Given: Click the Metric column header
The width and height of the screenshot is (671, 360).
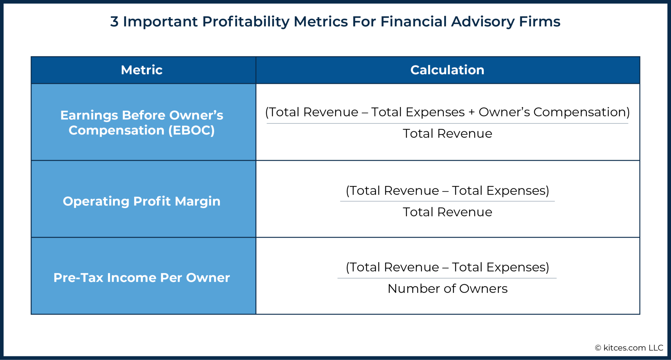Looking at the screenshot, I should point(142,70).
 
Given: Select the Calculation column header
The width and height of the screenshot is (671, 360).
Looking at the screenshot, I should point(447,70).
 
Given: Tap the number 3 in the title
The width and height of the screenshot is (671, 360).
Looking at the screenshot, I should point(114,22).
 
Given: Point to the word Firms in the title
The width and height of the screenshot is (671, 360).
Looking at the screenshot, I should point(539,22).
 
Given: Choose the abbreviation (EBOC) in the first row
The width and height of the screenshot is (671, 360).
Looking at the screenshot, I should point(192,130).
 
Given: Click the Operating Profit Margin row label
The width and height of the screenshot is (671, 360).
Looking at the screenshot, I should point(142,201).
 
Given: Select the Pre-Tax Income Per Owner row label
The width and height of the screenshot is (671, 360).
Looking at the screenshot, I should point(142,278).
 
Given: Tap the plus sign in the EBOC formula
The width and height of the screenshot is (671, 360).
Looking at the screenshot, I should point(471,112).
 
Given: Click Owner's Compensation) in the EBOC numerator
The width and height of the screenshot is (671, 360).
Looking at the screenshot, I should point(554,112).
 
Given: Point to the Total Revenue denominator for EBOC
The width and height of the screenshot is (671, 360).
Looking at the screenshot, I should point(447,133).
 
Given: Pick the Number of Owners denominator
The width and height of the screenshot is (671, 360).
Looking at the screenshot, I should point(447,289).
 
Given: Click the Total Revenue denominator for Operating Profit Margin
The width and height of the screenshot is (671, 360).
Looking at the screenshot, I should point(447,212).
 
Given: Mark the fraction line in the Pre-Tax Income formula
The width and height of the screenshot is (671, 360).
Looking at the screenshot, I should point(447,278).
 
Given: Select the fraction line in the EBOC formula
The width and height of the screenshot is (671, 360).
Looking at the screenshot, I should point(447,123).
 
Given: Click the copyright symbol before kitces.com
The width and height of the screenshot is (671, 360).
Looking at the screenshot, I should point(598,348).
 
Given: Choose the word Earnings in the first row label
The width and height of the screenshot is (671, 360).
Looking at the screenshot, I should point(89,115).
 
